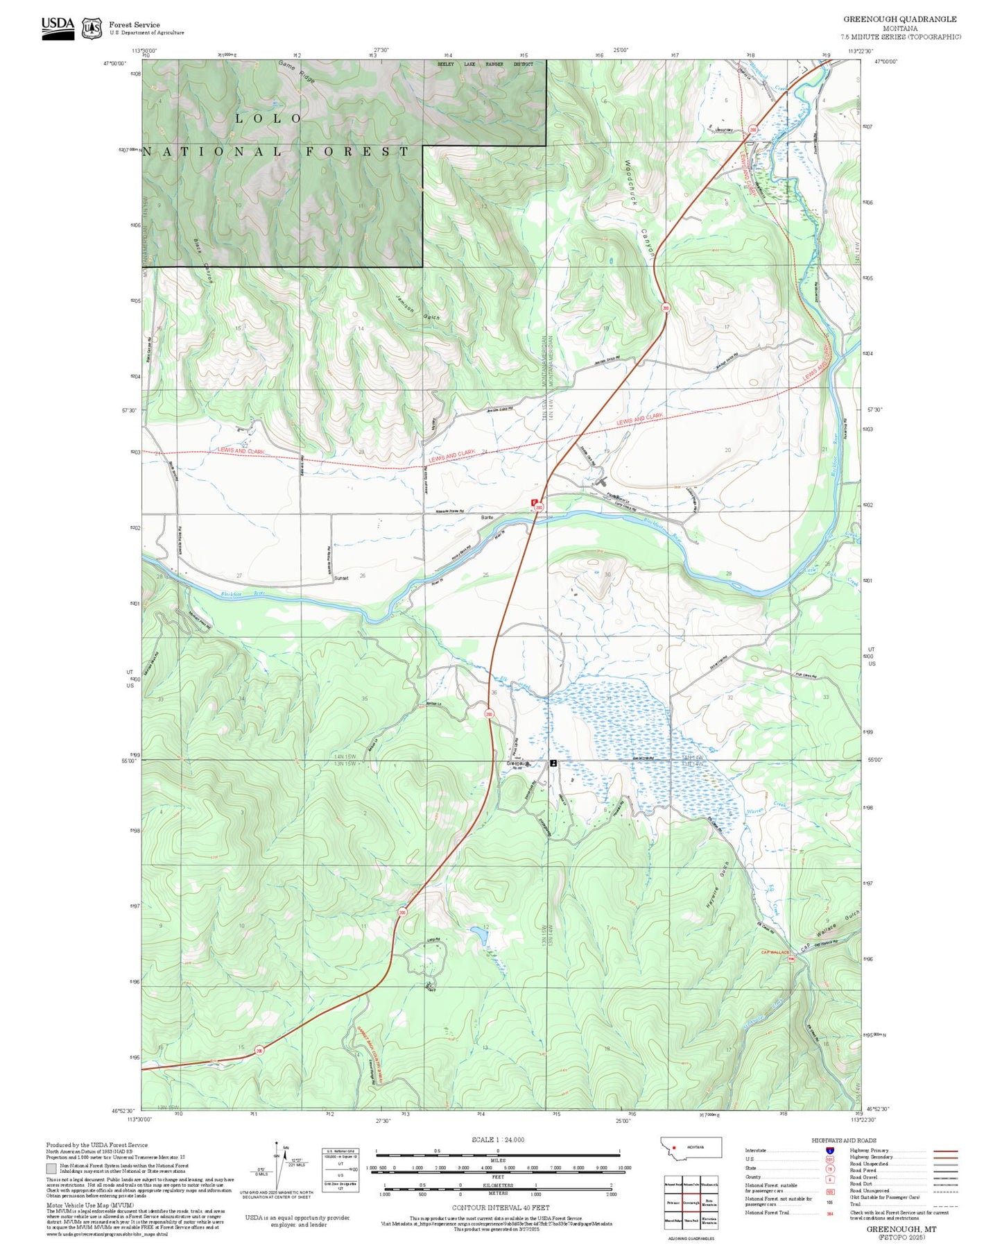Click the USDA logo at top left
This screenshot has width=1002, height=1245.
pyautogui.click(x=58, y=28)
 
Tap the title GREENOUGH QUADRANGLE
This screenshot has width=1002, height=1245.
pyautogui.click(x=899, y=19)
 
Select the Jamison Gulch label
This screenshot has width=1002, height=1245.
pyautogui.click(x=417, y=307)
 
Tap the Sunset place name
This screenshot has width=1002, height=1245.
pyautogui.click(x=340, y=577)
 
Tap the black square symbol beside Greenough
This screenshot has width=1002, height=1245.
pyautogui.click(x=553, y=763)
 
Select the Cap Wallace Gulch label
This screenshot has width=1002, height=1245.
pyautogui.click(x=830, y=930)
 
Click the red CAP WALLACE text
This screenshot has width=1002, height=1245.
pyautogui.click(x=775, y=952)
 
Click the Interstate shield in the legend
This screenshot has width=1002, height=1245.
pyautogui.click(x=829, y=1150)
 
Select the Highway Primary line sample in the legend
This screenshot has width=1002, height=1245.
pyautogui.click(x=945, y=1151)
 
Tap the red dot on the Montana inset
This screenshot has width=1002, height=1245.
pyautogui.click(x=674, y=1147)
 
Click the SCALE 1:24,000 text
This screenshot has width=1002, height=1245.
pyautogui.click(x=497, y=1140)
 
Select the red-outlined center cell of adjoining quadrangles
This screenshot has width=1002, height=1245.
pyautogui.click(x=691, y=1203)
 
